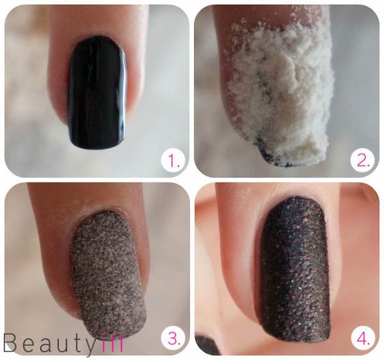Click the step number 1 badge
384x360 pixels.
click(173, 161)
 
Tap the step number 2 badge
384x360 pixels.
click(363, 162)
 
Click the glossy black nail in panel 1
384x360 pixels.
click(97, 93)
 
